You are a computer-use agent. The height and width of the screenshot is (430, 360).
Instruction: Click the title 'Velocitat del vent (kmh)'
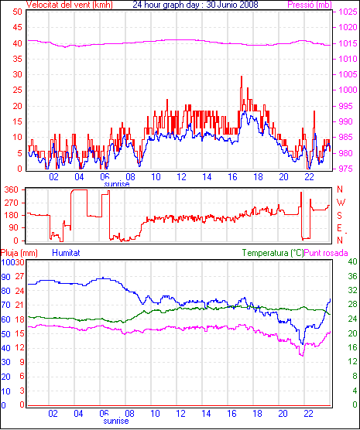(70, 5)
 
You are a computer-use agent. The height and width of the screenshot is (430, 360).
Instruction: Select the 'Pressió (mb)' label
(310, 5)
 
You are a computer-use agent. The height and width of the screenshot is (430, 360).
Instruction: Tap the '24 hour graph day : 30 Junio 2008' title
(195, 5)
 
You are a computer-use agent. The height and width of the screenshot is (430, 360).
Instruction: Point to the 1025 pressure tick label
(348, 12)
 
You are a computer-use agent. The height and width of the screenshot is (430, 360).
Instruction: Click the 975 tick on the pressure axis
(348, 169)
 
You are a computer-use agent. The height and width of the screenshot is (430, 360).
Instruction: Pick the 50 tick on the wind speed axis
(17, 12)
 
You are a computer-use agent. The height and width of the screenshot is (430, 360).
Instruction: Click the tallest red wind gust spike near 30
(242, 77)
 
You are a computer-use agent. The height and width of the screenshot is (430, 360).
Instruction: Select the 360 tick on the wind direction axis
(12, 189)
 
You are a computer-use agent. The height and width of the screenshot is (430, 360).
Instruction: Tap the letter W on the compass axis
(341, 203)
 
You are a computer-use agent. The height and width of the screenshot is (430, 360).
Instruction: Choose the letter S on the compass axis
(339, 216)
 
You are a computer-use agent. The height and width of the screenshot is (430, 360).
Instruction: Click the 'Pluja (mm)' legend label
(19, 253)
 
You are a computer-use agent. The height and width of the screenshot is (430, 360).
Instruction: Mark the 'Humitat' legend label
(66, 253)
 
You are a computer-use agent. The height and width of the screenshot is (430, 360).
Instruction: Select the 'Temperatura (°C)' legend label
(273, 253)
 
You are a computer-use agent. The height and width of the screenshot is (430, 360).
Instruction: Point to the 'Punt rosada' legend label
(326, 253)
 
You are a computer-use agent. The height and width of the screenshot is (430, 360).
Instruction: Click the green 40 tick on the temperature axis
(352, 262)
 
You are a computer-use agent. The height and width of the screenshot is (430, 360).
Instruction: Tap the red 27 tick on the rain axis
(19, 276)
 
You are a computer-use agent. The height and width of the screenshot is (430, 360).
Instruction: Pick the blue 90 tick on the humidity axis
(5, 277)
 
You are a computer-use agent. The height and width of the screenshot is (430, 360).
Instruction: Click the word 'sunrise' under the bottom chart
(116, 421)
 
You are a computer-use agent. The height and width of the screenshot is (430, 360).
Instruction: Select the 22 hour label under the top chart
(309, 177)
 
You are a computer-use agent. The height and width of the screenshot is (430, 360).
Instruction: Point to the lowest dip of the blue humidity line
(303, 344)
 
